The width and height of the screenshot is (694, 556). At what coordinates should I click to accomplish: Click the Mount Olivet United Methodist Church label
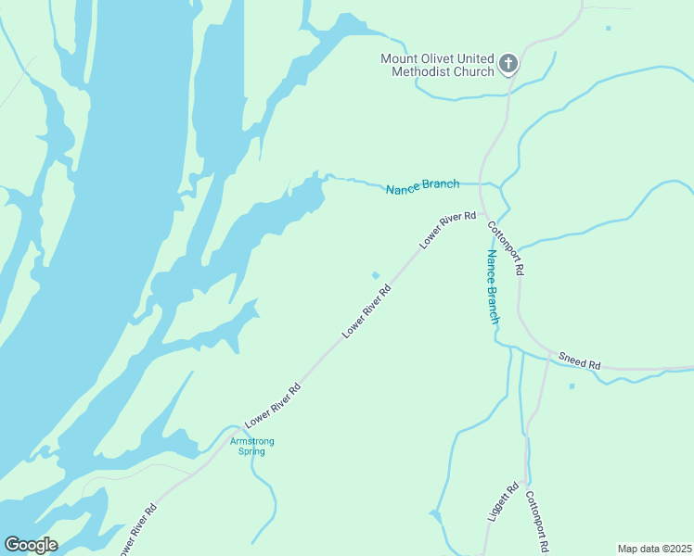click(437, 65)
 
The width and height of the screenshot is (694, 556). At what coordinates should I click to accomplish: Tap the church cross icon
click(508, 64)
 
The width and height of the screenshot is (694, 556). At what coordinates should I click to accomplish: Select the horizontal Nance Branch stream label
click(422, 184)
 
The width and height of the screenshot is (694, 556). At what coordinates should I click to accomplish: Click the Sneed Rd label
click(580, 360)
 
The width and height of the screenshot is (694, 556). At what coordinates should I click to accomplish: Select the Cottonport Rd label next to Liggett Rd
click(539, 522)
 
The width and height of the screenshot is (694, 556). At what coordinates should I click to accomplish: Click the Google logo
click(31, 545)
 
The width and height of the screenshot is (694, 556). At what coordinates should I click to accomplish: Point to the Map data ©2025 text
click(654, 549)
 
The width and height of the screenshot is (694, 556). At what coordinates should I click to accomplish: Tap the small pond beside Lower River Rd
click(376, 274)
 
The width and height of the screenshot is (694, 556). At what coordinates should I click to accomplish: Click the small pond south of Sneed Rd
click(572, 385)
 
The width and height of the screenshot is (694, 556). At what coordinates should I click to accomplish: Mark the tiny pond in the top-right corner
click(609, 28)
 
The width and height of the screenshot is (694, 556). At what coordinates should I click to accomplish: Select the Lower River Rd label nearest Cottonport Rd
click(447, 229)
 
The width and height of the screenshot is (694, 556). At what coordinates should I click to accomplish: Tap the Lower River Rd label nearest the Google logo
click(138, 529)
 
